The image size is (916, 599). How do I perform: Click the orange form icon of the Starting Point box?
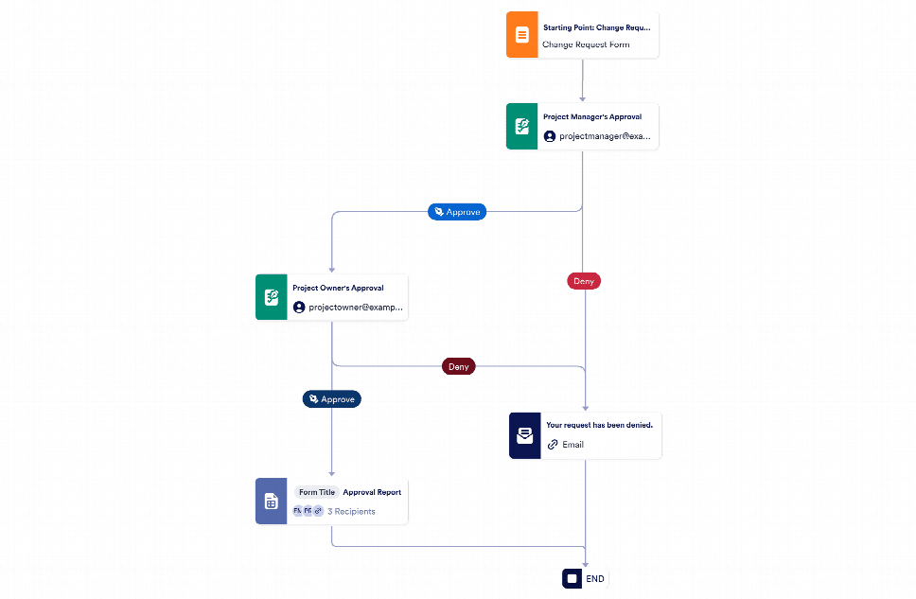click(x=521, y=35)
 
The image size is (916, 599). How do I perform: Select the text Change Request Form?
click(x=585, y=44)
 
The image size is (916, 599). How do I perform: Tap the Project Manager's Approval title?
click(x=591, y=117)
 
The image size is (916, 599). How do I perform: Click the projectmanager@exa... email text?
click(x=605, y=136)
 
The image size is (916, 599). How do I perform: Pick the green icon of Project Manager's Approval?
click(x=521, y=127)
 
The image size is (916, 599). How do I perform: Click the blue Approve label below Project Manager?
click(x=457, y=212)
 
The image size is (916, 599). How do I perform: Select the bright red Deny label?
click(x=584, y=281)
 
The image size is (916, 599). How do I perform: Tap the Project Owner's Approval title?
click(x=338, y=288)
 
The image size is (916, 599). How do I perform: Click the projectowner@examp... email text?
click(x=356, y=308)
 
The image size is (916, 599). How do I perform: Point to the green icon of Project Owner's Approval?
click(x=271, y=298)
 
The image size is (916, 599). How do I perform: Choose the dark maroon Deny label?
click(x=458, y=366)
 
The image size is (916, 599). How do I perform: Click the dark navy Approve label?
click(x=331, y=399)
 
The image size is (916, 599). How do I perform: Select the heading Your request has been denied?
click(x=599, y=425)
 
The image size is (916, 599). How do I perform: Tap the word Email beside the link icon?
click(x=572, y=445)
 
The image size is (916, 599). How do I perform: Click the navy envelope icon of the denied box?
click(x=524, y=436)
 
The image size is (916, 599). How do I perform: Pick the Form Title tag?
click(x=317, y=492)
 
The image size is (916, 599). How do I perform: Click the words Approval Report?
click(x=372, y=492)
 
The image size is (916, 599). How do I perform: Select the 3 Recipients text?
click(x=351, y=511)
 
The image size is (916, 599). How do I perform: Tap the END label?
click(x=594, y=578)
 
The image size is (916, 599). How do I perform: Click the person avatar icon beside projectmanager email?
click(x=550, y=136)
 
